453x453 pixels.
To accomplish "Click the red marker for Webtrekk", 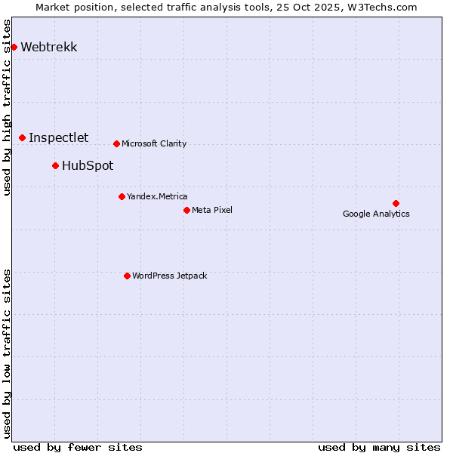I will [14, 47].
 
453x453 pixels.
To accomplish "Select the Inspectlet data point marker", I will [23, 137].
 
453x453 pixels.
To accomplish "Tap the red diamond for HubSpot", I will [56, 165].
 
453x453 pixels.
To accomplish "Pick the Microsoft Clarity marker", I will [116, 143].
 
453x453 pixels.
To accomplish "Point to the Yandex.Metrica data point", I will [122, 196].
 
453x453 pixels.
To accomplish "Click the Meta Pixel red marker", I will [186, 210].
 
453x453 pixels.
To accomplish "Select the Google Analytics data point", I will [396, 203].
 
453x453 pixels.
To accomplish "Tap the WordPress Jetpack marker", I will [127, 276].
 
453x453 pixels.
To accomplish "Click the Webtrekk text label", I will [49, 47].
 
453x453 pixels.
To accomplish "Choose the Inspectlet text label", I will [58, 137].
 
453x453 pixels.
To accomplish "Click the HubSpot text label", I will [88, 165].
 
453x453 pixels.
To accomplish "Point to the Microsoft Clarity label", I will [154, 143].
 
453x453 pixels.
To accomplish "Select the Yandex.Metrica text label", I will [157, 196].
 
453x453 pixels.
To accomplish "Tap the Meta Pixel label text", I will [212, 210].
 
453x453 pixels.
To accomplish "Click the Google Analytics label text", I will [376, 214].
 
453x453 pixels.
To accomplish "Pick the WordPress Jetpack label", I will [169, 276].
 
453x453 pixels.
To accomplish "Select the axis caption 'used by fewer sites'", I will [78, 447].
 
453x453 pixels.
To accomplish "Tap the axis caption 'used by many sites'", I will [379, 447].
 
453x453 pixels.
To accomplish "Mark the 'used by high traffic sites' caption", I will [8, 107].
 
